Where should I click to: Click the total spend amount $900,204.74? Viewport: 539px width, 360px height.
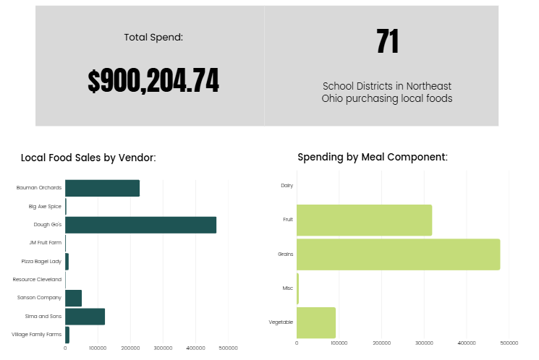(153, 82)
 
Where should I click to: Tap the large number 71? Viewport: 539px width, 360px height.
(388, 43)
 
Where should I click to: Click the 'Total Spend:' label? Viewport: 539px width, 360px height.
(153, 37)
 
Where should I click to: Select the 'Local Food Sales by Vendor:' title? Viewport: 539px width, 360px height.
(88, 158)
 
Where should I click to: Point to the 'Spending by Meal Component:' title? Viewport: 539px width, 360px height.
(373, 157)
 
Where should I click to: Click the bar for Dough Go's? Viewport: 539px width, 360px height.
(140, 225)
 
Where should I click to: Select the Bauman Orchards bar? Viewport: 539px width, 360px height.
(102, 188)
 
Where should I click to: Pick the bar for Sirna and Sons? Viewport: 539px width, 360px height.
(85, 317)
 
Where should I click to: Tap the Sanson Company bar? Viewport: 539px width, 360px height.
(73, 298)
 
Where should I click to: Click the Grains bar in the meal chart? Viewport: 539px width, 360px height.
(398, 254)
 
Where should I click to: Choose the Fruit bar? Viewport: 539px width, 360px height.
(364, 220)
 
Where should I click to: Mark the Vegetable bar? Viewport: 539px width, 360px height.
(316, 322)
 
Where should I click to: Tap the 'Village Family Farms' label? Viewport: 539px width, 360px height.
(37, 335)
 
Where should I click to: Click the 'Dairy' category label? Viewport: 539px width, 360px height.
(287, 186)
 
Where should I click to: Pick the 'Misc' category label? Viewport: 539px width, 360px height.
(287, 288)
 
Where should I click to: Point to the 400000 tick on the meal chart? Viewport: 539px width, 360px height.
(467, 343)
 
